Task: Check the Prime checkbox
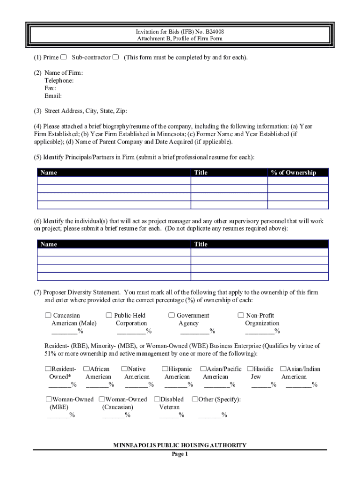63,58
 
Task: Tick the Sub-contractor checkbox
115,58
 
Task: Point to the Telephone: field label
59,80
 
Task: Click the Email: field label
53,96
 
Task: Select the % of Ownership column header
293,173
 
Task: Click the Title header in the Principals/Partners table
201,173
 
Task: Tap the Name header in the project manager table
49,244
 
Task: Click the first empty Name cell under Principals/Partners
114,181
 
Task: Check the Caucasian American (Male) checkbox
48,315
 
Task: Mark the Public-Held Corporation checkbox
109,315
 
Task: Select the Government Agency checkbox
172,315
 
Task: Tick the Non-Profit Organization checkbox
241,315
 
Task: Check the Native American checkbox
124,369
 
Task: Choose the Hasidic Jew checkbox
250,369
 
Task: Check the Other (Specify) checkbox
194,399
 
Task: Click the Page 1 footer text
180,454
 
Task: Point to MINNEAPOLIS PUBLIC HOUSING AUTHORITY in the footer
180,445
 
